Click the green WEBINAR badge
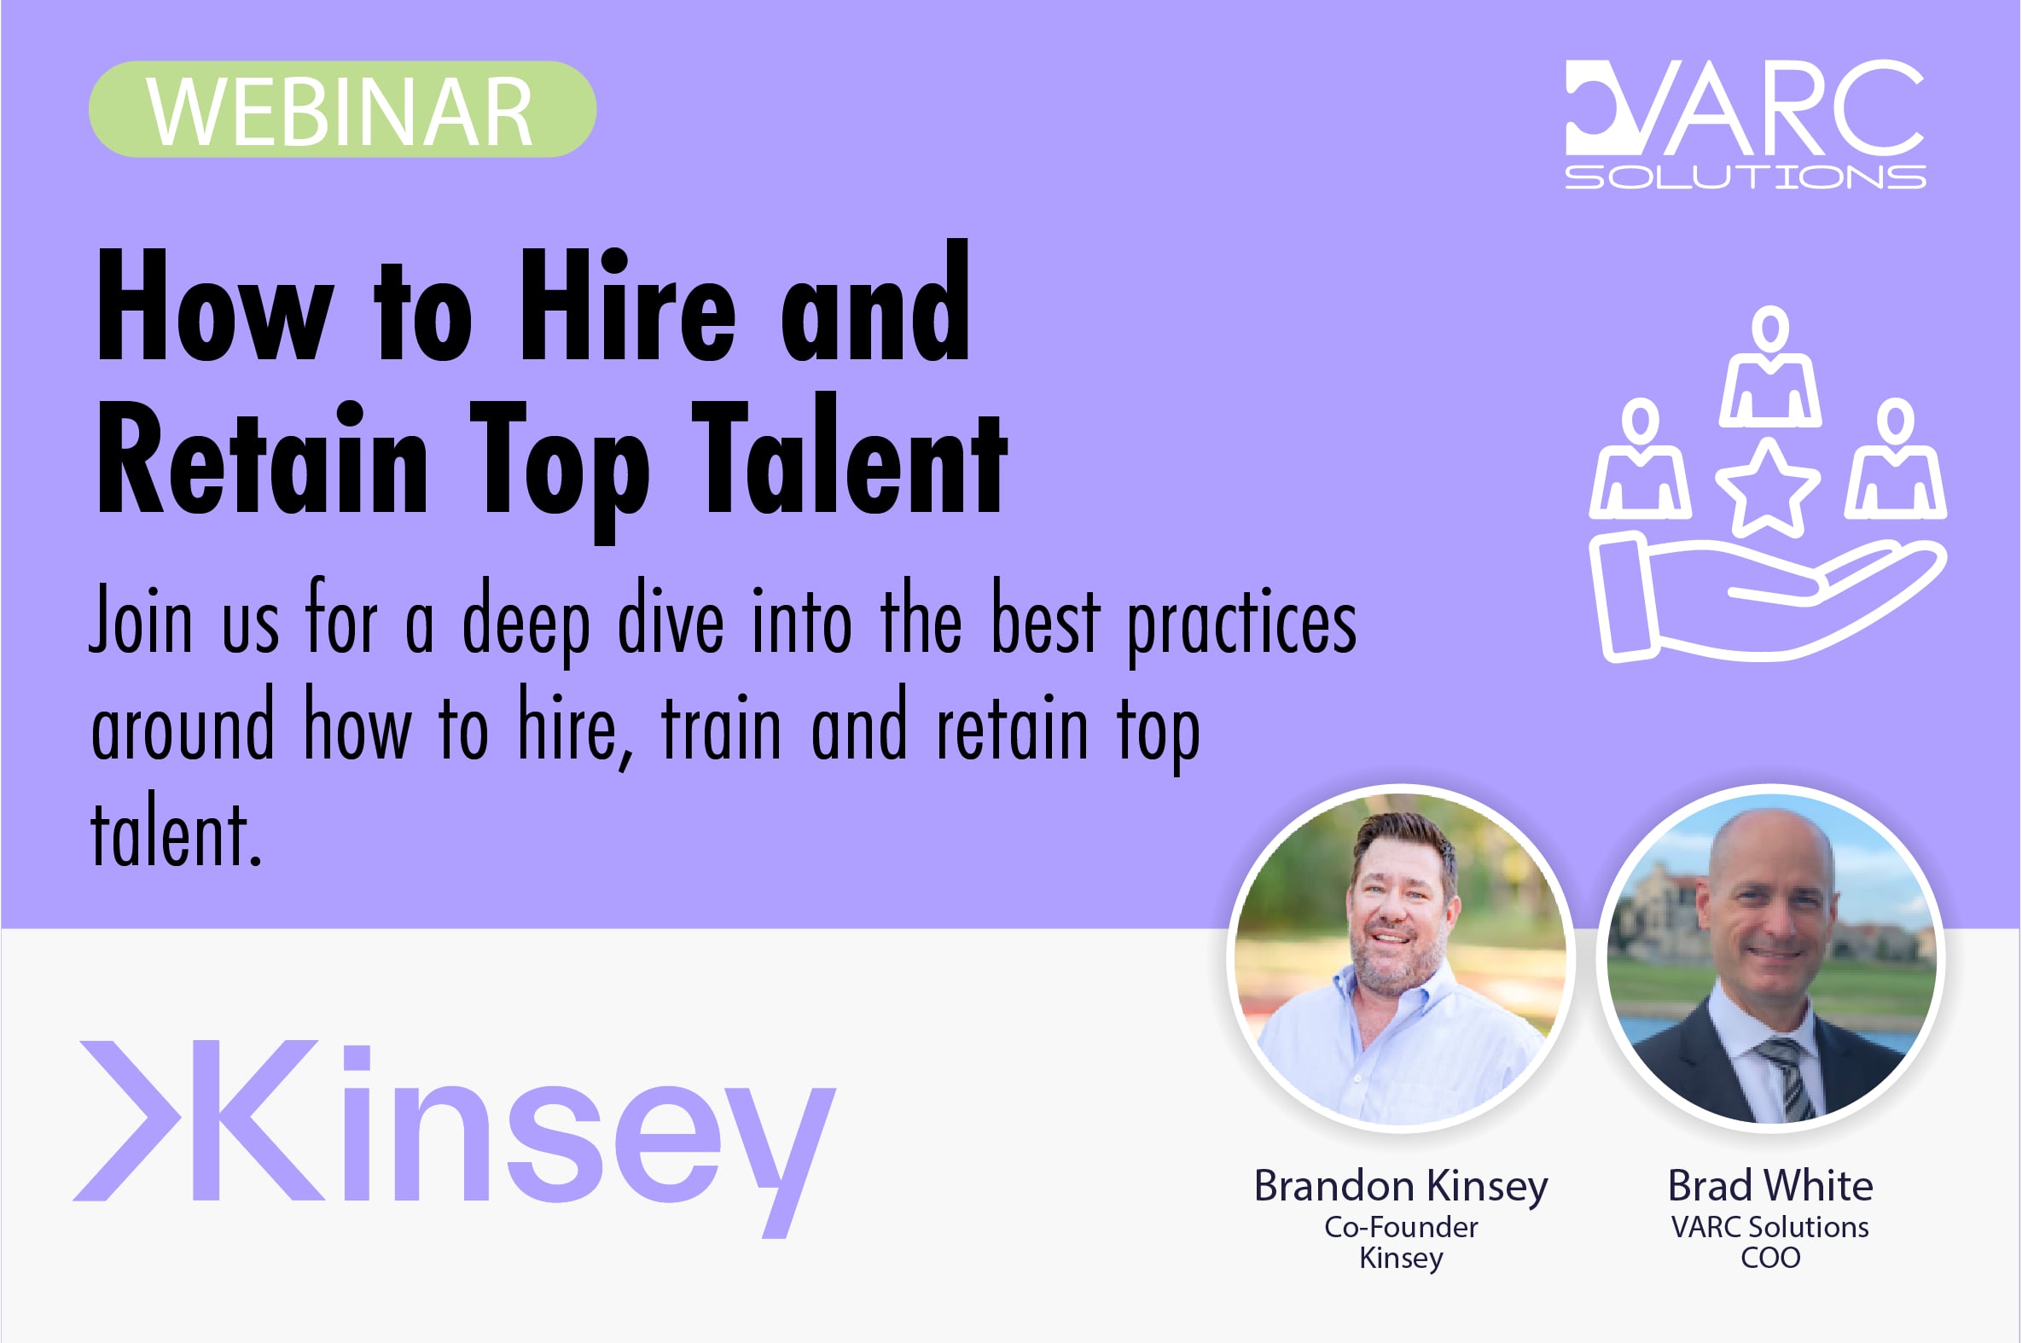pos(343,109)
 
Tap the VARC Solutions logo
pos(1745,125)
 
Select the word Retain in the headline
pos(262,457)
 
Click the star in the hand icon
pos(1768,486)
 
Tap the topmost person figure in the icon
pos(1770,366)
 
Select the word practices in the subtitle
pos(1242,625)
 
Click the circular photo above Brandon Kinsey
pos(1402,958)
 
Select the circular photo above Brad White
pos(1770,958)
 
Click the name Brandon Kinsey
pos(1401,1187)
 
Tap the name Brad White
pos(1770,1185)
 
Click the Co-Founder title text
pos(1401,1227)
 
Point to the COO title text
pos(1770,1259)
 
